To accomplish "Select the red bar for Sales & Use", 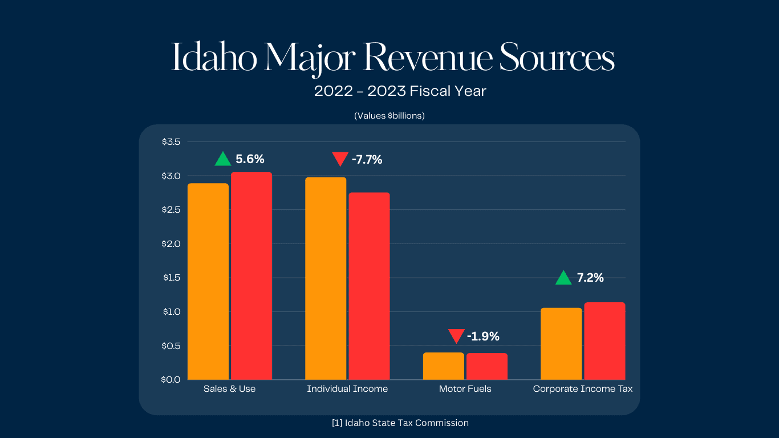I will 251,276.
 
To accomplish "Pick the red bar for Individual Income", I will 369,286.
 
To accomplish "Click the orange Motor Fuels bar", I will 443,366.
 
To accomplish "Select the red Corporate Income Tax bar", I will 604,341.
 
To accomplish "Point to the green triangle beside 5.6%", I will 223,160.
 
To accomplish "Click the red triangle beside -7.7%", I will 340,159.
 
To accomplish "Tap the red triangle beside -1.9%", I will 456,336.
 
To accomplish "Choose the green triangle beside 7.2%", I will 563,278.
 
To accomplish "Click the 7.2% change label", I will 590,278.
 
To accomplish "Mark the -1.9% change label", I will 483,336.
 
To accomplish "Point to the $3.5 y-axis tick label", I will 171,142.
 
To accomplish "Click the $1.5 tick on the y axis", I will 171,278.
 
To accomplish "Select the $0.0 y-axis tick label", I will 171,379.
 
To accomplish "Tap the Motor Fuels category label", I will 465,389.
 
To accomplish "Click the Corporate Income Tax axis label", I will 582,389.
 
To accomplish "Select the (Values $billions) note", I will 389,116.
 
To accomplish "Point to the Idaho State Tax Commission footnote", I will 400,423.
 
